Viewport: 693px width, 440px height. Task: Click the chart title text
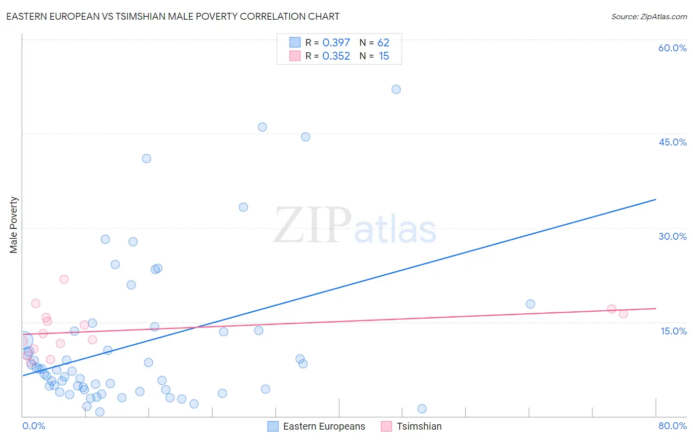(x=173, y=16)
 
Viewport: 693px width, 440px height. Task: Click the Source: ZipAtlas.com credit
(x=649, y=17)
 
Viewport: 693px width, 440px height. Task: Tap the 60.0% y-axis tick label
(x=672, y=48)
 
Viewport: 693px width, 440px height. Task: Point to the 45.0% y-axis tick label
(x=672, y=142)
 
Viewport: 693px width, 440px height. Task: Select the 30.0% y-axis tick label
(x=672, y=236)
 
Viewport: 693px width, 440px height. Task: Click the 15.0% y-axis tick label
(x=673, y=331)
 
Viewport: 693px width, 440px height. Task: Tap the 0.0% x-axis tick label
(x=34, y=426)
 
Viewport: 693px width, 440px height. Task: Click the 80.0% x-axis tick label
(x=672, y=426)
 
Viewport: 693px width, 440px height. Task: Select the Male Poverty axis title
(x=14, y=225)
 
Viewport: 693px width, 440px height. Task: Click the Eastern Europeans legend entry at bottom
(x=316, y=426)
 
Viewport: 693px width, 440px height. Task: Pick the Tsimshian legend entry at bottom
(x=412, y=426)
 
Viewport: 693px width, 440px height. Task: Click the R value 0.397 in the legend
(x=336, y=43)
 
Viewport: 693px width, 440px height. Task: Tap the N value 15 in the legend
(x=384, y=56)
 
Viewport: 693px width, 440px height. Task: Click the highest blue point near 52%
(x=396, y=89)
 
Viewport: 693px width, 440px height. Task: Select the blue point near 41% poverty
(x=146, y=158)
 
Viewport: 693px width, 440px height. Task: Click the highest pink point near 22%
(x=64, y=279)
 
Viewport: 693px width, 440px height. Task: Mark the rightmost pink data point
(x=623, y=314)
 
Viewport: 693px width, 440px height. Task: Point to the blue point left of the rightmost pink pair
(x=530, y=304)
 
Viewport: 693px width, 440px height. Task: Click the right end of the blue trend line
(x=656, y=199)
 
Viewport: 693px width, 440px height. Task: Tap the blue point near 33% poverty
(x=243, y=207)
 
